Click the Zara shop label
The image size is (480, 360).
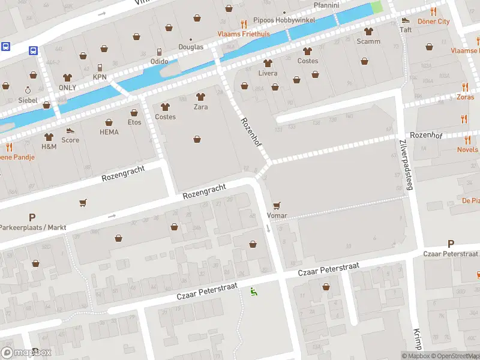(x=200, y=107)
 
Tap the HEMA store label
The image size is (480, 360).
(x=109, y=132)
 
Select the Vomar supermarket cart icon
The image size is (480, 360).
(x=277, y=206)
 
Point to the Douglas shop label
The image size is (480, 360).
(x=191, y=47)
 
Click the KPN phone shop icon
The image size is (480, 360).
(x=100, y=67)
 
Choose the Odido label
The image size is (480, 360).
(x=159, y=61)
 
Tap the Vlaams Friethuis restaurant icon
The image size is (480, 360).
(x=243, y=25)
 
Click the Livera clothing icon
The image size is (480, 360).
(x=268, y=63)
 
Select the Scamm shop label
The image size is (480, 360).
(x=368, y=41)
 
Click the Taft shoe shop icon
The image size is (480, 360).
(x=406, y=20)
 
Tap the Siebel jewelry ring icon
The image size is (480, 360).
(x=28, y=90)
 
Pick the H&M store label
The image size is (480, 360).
(x=49, y=146)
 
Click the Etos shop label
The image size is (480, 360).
(x=134, y=122)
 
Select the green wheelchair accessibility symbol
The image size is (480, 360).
(x=253, y=292)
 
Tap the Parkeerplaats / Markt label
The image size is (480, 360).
(x=32, y=228)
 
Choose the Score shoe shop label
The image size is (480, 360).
(x=70, y=140)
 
